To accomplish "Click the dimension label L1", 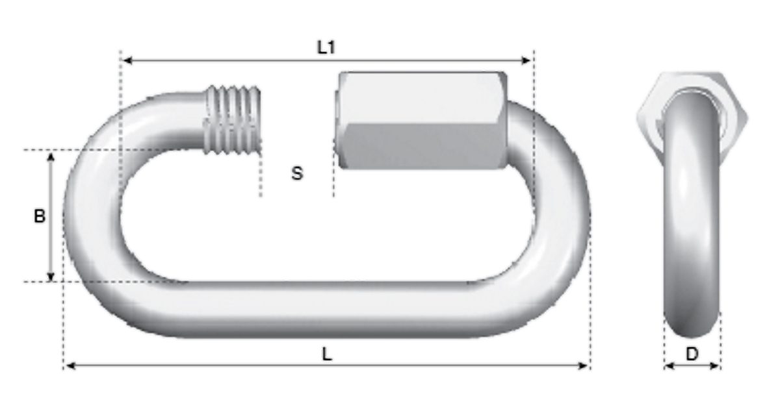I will point(326,47).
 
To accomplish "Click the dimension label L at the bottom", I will point(327,354).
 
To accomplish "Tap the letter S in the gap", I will point(297,173).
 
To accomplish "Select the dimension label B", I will point(40,216).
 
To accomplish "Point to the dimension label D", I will point(692,354).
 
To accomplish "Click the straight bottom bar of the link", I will point(325,310).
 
